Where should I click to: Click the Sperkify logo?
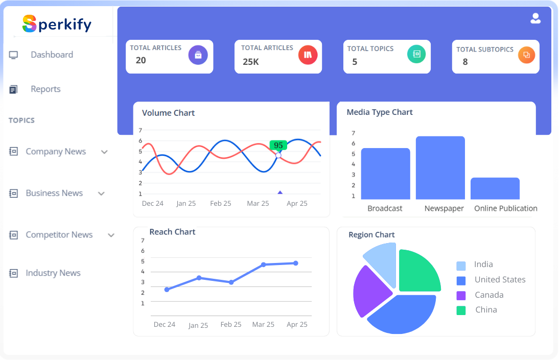pos(57,23)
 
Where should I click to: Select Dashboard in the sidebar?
pos(52,55)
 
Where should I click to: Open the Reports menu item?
pos(45,89)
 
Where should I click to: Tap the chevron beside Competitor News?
pos(111,235)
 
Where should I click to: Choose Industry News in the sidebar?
pos(53,273)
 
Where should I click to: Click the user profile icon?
pos(535,19)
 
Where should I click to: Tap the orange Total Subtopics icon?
pos(526,55)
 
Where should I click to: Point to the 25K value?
pos(251,62)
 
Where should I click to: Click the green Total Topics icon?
pos(416,54)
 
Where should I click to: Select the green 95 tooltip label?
pos(278,145)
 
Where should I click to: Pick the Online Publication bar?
pos(495,188)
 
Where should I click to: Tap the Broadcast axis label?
pos(385,208)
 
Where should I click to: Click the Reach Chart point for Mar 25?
pos(264,265)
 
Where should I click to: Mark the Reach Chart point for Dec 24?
pos(167,290)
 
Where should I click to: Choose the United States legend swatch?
pos(461,280)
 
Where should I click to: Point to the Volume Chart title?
pos(168,113)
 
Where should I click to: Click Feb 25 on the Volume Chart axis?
pos(221,203)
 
